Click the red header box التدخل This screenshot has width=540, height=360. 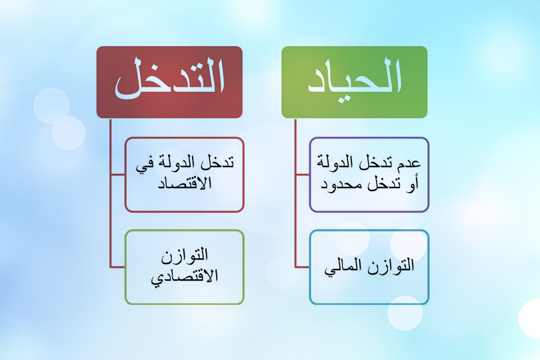click(169, 81)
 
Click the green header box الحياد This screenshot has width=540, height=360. click(354, 81)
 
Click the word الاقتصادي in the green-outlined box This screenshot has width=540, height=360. click(185, 276)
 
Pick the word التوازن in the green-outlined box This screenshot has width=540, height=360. click(185, 256)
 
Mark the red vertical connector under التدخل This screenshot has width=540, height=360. click(111, 200)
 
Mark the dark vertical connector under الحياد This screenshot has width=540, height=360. click(295, 200)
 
